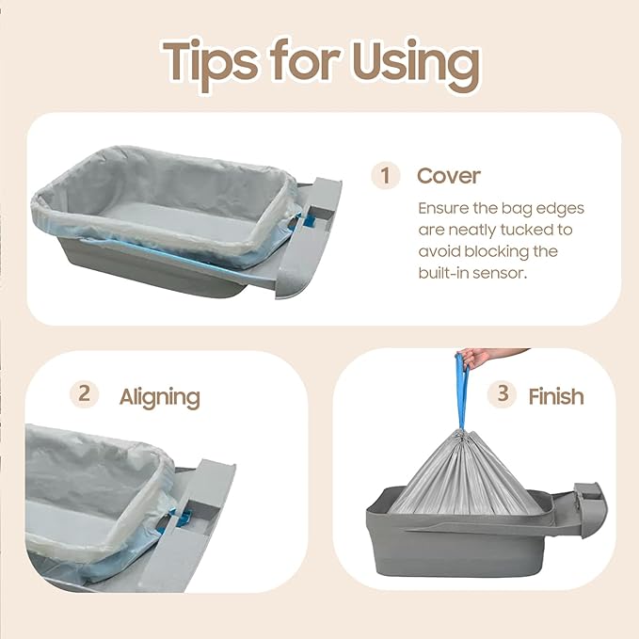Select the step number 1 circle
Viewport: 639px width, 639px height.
point(385,175)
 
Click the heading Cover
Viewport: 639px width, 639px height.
point(449,176)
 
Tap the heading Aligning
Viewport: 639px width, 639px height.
point(160,397)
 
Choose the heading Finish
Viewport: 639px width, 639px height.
point(556,396)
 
